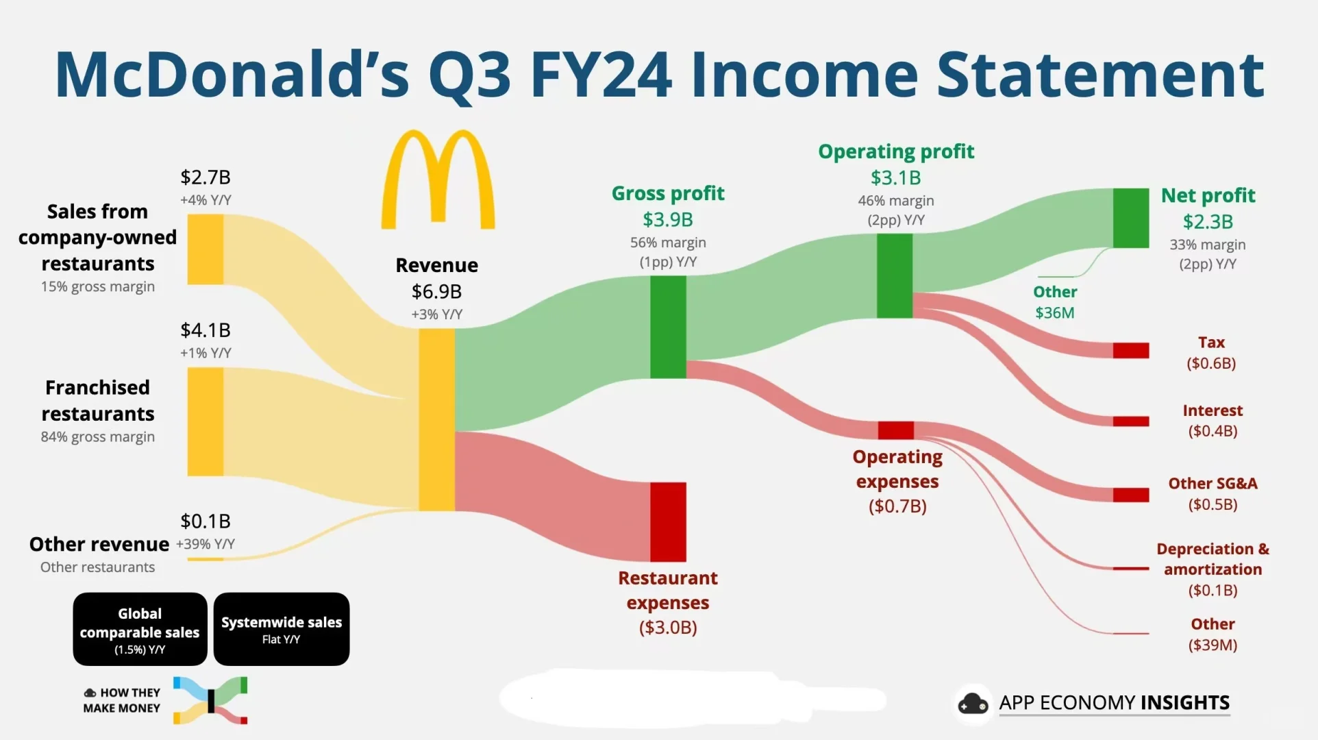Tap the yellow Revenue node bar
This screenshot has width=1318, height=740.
tap(437, 419)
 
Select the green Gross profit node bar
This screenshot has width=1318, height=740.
tap(668, 327)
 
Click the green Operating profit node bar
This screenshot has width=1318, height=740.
tap(895, 275)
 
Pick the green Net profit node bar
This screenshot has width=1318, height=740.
tap(1131, 218)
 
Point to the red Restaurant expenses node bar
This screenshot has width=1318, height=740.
tap(668, 522)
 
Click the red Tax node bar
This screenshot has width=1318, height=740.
tap(1131, 350)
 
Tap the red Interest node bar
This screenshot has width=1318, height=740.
tap(1131, 421)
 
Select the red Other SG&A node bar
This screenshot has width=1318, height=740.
tap(1131, 495)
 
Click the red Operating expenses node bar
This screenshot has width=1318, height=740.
tap(896, 430)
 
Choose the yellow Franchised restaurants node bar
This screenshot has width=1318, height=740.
tap(206, 421)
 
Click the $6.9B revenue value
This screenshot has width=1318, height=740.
tap(436, 292)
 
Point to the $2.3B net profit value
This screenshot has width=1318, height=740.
tap(1208, 222)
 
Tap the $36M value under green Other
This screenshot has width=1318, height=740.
tap(1055, 313)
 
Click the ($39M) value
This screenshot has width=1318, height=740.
tap(1213, 645)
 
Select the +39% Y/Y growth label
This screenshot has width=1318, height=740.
tap(206, 544)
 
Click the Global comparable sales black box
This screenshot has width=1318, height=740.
tap(140, 629)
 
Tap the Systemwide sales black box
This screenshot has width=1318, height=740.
tap(282, 629)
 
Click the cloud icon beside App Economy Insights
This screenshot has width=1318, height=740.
tap(973, 704)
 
